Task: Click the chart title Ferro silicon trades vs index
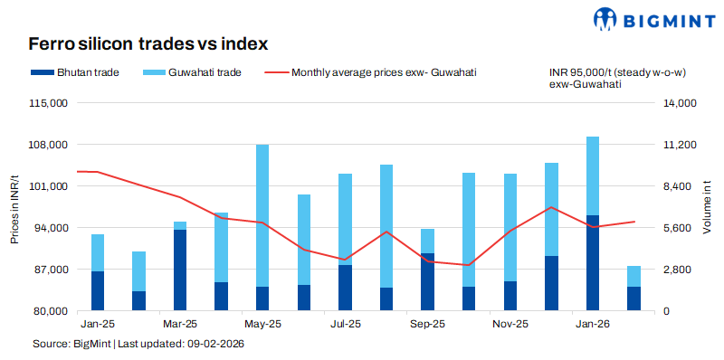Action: pos(148,43)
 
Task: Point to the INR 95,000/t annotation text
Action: pos(605,71)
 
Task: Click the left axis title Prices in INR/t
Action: pos(14,208)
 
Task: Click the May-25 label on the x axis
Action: pos(262,323)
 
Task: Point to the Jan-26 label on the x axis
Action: pos(593,323)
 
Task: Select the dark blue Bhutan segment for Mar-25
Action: pos(180,270)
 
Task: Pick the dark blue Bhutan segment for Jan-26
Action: pos(593,262)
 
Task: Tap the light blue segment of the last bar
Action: pos(633,276)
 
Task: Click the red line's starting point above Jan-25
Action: pos(78,171)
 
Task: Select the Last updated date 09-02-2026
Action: pos(215,345)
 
